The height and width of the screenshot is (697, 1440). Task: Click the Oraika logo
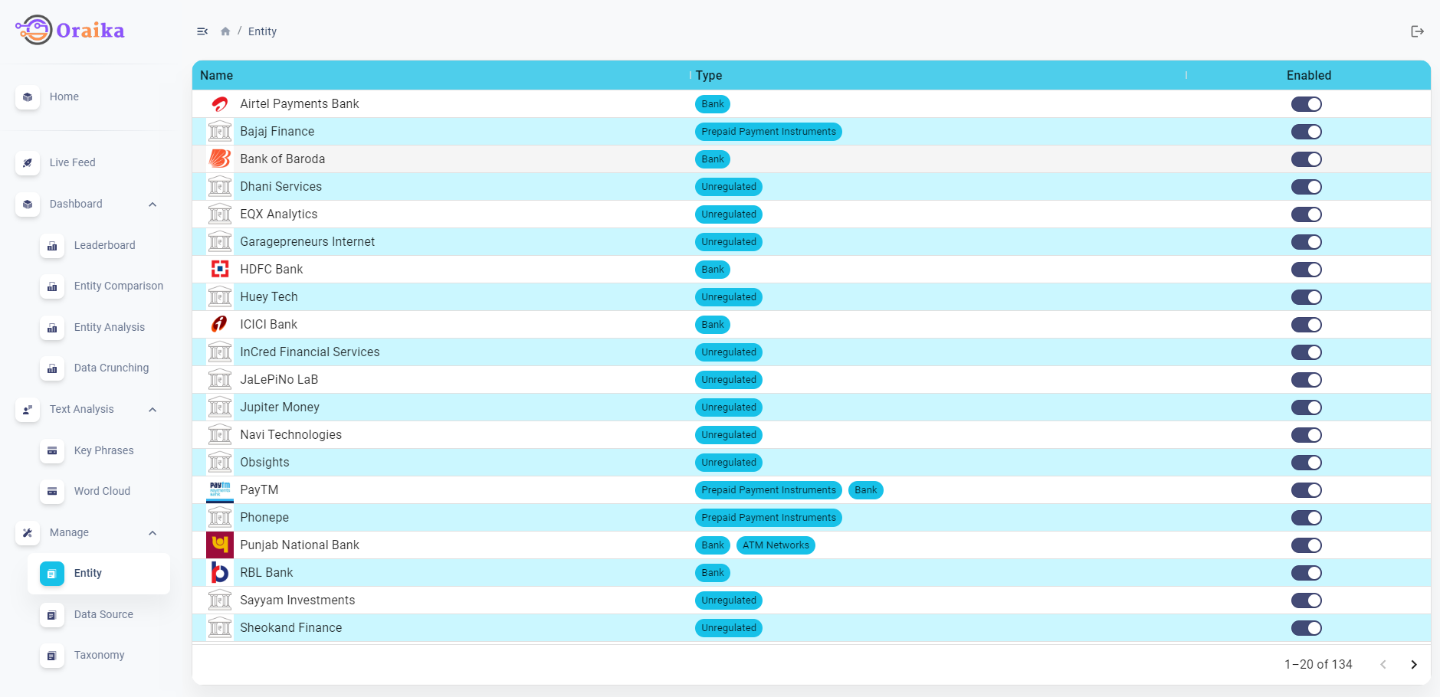(70, 31)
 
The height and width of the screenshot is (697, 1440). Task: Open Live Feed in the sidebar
(72, 162)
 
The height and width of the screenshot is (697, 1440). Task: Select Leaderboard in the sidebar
(104, 245)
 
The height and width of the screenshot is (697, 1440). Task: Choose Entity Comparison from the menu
(118, 286)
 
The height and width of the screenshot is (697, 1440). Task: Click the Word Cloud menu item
(102, 491)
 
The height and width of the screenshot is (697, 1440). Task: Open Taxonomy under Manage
(99, 655)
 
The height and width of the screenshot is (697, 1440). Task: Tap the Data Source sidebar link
(103, 614)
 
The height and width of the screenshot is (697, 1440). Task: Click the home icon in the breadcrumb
(225, 31)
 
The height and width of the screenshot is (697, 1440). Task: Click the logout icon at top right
(1417, 31)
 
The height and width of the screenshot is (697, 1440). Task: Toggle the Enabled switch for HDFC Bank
(1306, 270)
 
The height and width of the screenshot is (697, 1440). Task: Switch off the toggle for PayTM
(1306, 490)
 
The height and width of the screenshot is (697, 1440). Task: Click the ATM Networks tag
(776, 545)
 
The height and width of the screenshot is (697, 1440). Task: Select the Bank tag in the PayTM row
(865, 490)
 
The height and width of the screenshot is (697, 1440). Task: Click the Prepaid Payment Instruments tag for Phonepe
(768, 518)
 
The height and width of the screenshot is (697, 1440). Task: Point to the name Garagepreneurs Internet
(307, 242)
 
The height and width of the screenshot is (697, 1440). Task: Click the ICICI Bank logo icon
(219, 325)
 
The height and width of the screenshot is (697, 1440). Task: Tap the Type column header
(709, 75)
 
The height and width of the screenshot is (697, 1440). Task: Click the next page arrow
(1414, 665)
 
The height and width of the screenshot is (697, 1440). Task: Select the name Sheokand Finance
(290, 628)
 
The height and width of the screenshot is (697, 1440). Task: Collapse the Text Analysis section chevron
(153, 410)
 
